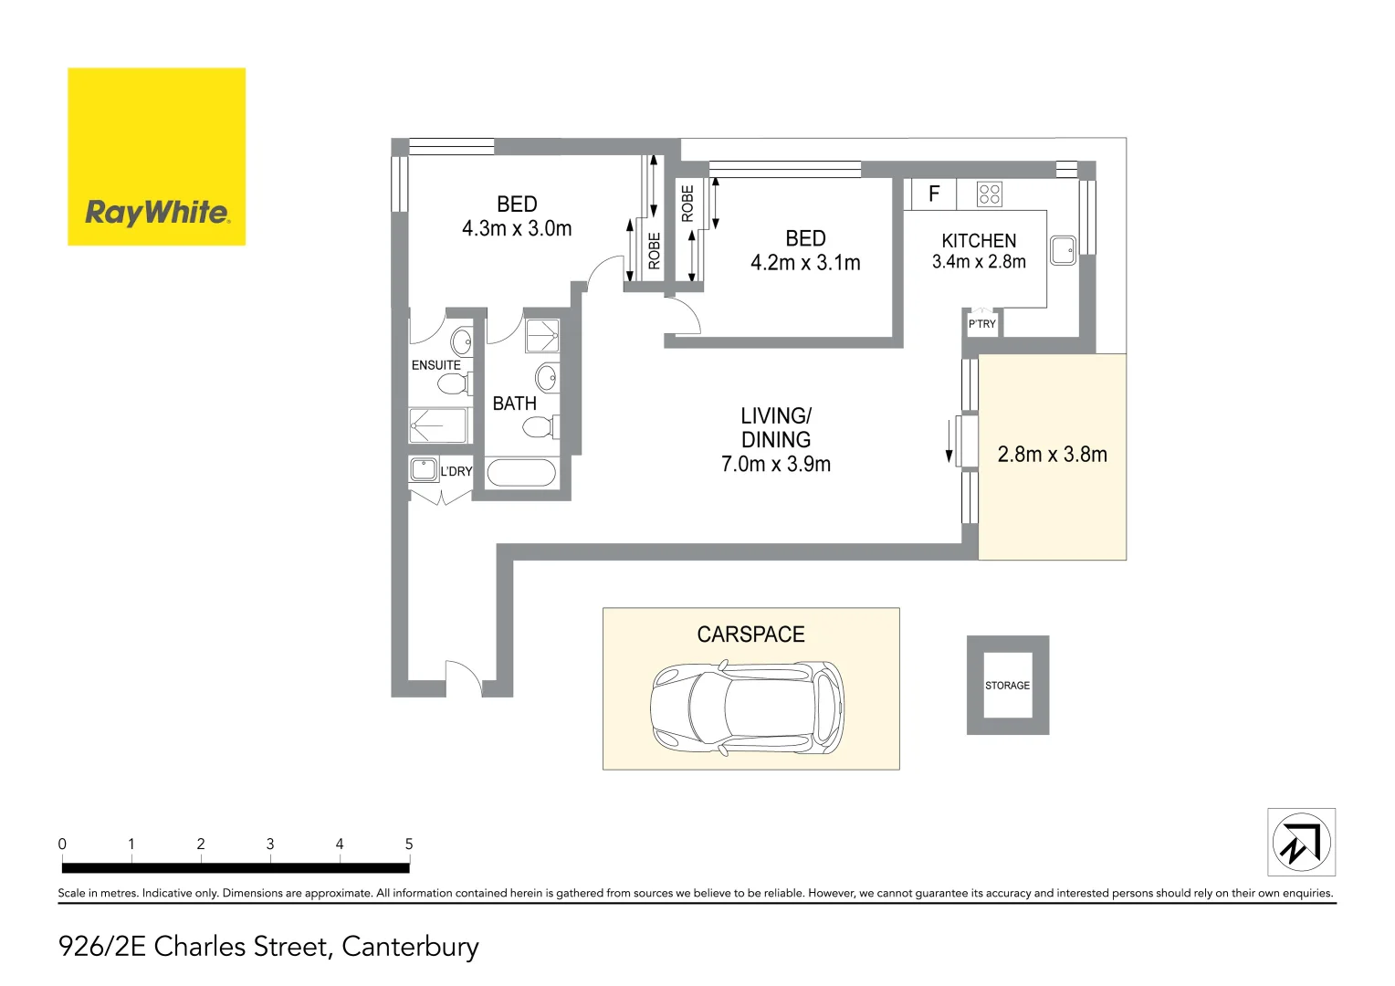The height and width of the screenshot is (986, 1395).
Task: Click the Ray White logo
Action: pos(156,157)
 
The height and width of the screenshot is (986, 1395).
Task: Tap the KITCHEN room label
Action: pos(979,241)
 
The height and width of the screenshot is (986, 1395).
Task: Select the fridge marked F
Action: pos(933,194)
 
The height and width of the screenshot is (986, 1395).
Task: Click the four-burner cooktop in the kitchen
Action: pos(990,194)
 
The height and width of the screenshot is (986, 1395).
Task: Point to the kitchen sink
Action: pos(1063,250)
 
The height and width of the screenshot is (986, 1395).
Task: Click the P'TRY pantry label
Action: pos(982,324)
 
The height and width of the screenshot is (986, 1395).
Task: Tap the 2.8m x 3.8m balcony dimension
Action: pos(1052,455)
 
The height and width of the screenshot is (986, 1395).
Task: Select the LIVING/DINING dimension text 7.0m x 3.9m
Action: pos(776,465)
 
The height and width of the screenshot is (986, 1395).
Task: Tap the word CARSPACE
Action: pos(750,635)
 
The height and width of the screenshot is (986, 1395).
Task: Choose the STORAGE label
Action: pos(1007,686)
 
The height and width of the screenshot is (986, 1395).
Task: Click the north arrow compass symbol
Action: pos(1301,842)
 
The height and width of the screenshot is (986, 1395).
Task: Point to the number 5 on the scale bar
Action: pos(409,844)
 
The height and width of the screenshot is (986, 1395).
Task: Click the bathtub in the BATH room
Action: pos(521,473)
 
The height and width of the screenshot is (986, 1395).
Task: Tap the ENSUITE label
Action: pos(436,365)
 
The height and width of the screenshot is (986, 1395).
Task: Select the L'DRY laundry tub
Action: pos(424,470)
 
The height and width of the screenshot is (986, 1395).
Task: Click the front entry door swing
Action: pos(463,677)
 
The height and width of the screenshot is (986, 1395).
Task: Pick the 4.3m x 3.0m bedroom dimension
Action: pos(517,229)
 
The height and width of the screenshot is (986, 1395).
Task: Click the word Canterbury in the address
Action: pos(410,947)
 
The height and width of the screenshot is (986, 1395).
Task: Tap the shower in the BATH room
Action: pos(542,335)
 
